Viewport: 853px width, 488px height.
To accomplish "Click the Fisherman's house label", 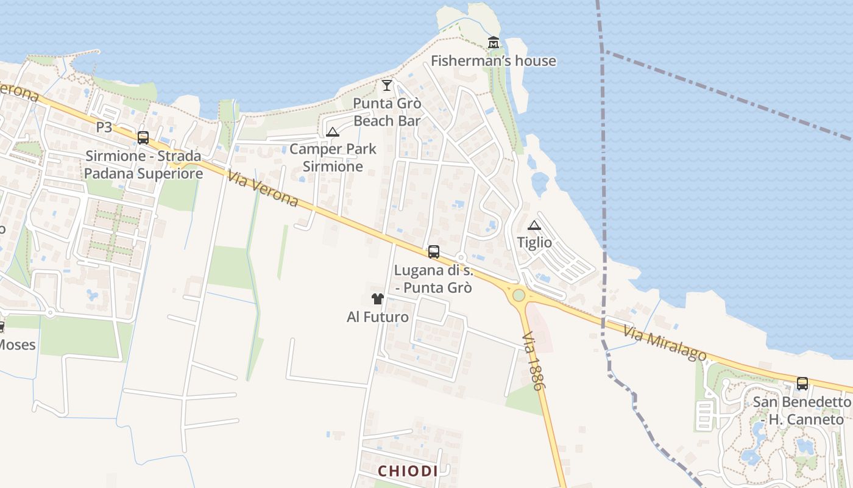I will pyautogui.click(x=493, y=60).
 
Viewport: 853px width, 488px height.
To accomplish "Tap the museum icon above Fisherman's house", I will pyautogui.click(x=494, y=43).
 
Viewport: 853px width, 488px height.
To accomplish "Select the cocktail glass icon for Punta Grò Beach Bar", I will pyautogui.click(x=387, y=85).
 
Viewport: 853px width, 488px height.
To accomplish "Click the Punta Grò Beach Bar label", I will pyautogui.click(x=387, y=112).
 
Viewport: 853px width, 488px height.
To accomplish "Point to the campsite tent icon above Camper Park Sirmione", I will pyautogui.click(x=333, y=132).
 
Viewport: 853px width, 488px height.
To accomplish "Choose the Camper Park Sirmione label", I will pyautogui.click(x=333, y=157).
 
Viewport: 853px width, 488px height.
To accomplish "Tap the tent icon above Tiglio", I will pyautogui.click(x=534, y=225).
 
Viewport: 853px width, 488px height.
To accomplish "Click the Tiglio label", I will pyautogui.click(x=534, y=243).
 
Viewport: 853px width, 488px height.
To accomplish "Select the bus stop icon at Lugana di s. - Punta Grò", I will pyautogui.click(x=434, y=251).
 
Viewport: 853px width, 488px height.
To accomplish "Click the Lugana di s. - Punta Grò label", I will pyautogui.click(x=433, y=278).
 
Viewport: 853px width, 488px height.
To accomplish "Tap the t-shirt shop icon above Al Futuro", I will pyautogui.click(x=378, y=299).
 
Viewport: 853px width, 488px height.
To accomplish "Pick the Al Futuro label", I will pyautogui.click(x=378, y=317).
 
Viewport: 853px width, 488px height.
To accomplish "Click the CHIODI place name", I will pyautogui.click(x=408, y=471).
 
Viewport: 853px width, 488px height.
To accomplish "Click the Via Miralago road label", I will pyautogui.click(x=665, y=343).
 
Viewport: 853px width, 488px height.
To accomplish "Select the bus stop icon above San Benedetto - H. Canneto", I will pyautogui.click(x=802, y=384).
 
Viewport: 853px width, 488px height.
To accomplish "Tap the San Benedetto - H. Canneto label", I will pyautogui.click(x=802, y=411).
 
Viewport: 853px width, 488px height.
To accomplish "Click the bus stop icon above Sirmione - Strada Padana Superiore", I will pyautogui.click(x=143, y=138).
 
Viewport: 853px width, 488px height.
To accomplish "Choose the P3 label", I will pyautogui.click(x=104, y=127).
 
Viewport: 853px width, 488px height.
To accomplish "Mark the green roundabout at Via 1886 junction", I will pyautogui.click(x=519, y=295).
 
